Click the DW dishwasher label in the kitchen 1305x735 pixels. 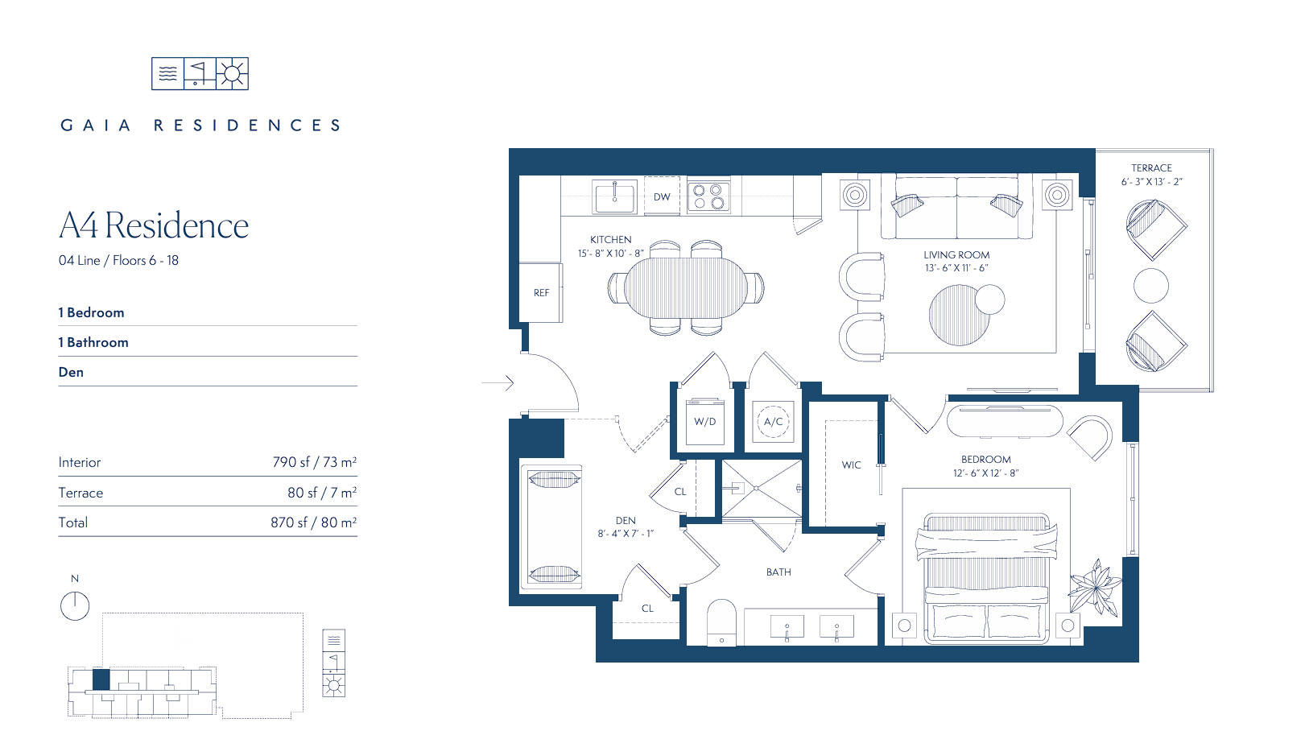661,197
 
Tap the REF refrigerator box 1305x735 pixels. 541,292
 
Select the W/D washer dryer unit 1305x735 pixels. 705,422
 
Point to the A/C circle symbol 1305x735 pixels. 773,422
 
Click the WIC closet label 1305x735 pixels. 851,465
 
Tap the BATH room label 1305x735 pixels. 778,572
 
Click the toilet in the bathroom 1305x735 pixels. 721,622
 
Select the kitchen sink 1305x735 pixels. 614,197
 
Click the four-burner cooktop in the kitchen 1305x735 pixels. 708,196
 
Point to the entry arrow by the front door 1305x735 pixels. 498,382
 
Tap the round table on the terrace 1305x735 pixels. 1150,286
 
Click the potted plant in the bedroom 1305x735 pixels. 1095,587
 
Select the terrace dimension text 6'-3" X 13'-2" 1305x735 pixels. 1152,182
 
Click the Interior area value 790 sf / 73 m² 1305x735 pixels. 315,462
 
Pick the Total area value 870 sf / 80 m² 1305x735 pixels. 313,522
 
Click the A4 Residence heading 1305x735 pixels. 154,225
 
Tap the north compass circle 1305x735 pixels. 75,606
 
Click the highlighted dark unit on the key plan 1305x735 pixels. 101,679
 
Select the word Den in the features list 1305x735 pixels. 71,372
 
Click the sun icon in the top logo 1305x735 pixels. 233,73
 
